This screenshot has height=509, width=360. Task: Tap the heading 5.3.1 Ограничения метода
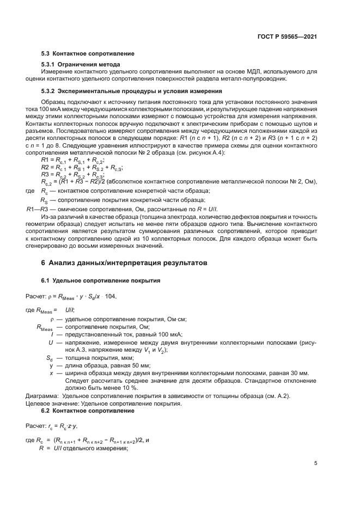coord(81,65)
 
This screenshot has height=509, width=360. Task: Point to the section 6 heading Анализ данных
coord(127,262)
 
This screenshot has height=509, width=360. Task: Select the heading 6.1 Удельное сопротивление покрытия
coord(101,280)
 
